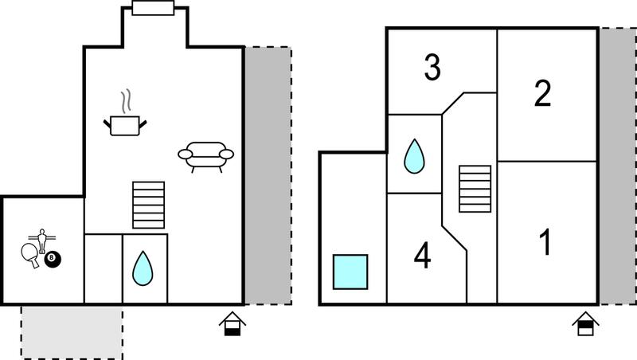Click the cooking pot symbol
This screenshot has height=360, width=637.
(x=125, y=126)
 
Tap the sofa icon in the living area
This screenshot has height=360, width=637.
(x=206, y=156)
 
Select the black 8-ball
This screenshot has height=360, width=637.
(x=52, y=259)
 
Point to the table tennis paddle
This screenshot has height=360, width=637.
(x=31, y=255)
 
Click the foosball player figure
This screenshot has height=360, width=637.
(x=42, y=241)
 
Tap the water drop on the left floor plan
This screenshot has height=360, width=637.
(x=143, y=268)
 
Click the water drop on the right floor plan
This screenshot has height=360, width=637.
(x=414, y=156)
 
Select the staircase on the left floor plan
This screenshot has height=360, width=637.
(x=149, y=205)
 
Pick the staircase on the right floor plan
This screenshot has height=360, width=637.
(x=475, y=189)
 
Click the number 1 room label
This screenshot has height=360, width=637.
(x=545, y=242)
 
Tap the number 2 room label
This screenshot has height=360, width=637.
(x=543, y=93)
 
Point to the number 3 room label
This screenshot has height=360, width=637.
(x=432, y=67)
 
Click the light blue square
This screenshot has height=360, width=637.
(x=350, y=272)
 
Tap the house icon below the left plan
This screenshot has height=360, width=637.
(x=233, y=323)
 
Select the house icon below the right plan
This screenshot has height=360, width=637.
(x=585, y=323)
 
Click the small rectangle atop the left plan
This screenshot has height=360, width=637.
(x=153, y=8)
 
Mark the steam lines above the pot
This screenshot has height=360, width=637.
(x=127, y=101)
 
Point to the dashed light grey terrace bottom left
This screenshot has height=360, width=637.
(x=72, y=332)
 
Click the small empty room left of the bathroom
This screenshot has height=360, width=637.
(x=104, y=268)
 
